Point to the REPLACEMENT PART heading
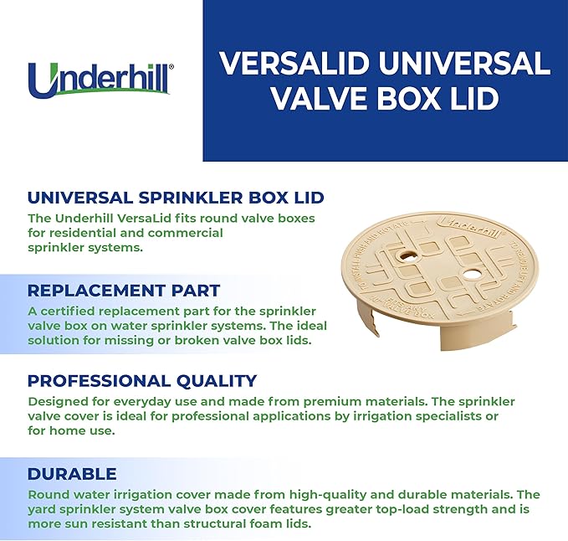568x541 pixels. pos(124,291)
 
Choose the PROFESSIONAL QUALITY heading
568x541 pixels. pos(142,381)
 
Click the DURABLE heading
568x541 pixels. pos(72,473)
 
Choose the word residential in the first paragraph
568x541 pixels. pos(82,233)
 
